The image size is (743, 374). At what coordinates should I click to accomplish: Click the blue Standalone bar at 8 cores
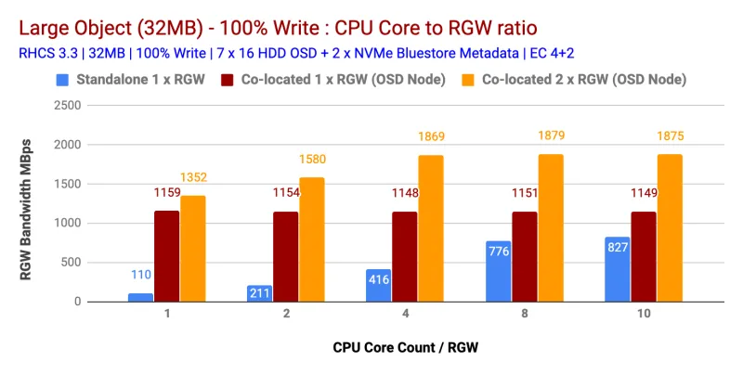click(x=498, y=271)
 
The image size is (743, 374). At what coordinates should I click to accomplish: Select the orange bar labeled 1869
click(x=431, y=228)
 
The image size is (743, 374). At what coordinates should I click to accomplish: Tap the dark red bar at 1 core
click(x=167, y=256)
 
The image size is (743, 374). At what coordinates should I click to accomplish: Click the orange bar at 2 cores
click(x=312, y=239)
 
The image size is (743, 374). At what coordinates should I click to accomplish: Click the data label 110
click(x=141, y=275)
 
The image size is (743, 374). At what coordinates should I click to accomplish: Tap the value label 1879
click(x=550, y=136)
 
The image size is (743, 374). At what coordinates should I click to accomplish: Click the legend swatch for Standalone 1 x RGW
click(x=62, y=80)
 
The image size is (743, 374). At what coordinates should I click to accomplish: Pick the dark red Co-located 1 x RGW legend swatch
click(x=227, y=80)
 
